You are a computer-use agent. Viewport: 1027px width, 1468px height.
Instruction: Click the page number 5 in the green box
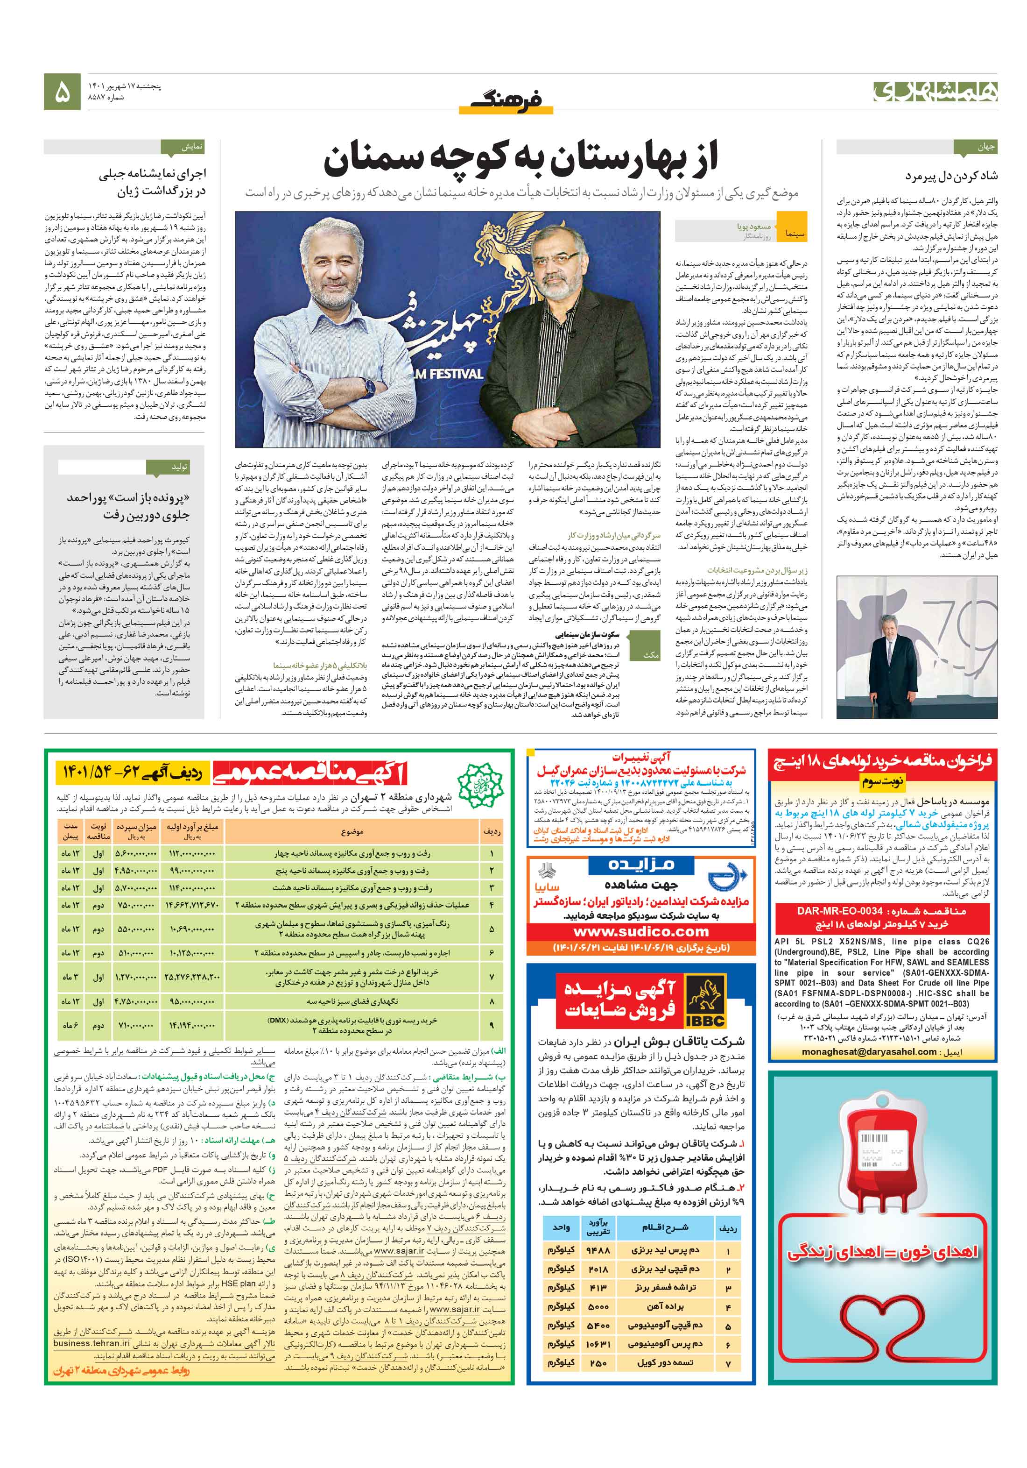62,92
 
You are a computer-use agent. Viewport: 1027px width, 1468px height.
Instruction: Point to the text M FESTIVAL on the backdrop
445,373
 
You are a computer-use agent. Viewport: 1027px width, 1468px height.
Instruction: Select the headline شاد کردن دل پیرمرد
951,175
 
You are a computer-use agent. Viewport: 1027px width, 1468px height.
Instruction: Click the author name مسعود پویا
754,227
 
